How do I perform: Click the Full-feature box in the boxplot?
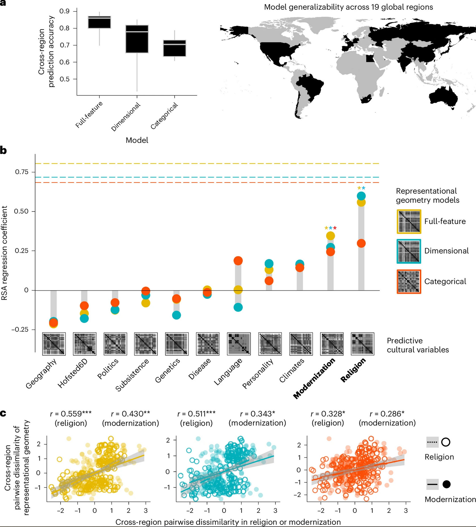(x=99, y=22)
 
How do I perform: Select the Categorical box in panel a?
(x=174, y=49)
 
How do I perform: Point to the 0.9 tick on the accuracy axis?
(x=64, y=11)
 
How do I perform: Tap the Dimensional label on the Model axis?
(x=126, y=117)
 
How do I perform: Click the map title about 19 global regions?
(x=348, y=7)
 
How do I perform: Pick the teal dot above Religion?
(x=361, y=196)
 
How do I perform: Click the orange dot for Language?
(x=238, y=261)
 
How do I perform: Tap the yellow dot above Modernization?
(x=330, y=236)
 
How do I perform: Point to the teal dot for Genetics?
(x=176, y=315)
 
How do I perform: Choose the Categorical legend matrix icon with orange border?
(x=409, y=281)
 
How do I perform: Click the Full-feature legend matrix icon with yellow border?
(x=409, y=222)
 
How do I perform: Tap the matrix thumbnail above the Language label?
(x=239, y=344)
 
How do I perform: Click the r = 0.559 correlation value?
(x=71, y=414)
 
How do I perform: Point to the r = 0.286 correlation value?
(x=387, y=414)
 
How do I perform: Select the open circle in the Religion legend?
(x=446, y=442)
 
